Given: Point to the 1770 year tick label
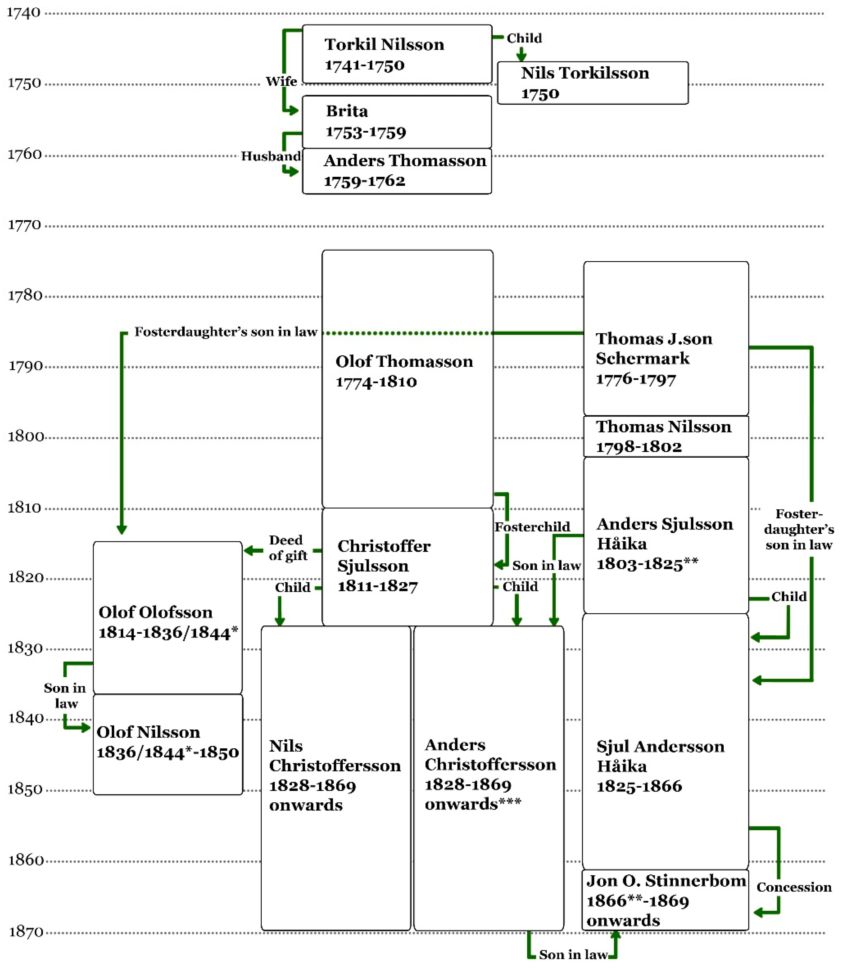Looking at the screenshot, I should pos(24,225).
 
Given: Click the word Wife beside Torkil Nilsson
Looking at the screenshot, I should pos(281,81).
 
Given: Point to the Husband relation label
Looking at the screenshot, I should pos(271,156).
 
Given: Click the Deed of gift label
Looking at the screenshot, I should pos(287,547).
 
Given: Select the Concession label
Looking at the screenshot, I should pos(794,887).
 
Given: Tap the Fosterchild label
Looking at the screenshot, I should pos(532,527).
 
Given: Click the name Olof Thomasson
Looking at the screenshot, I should pos(404,361).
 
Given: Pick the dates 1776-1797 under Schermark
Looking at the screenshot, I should pos(636,379).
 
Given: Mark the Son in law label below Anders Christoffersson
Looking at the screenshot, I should pos(573,954).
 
